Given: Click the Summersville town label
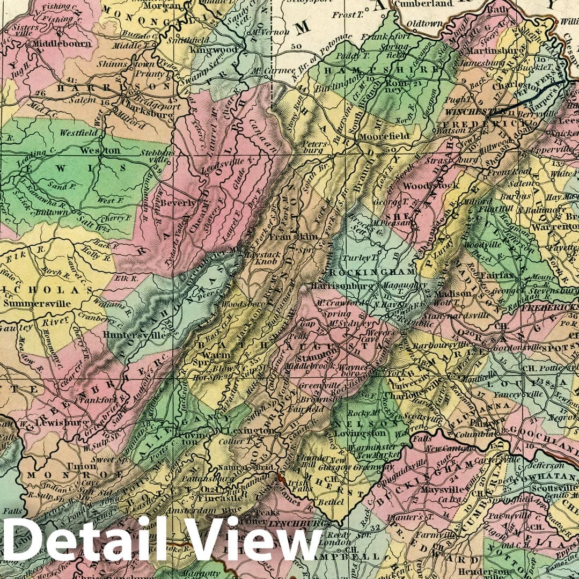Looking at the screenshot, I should (x=37, y=303).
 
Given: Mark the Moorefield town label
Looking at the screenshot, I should (x=385, y=136).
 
